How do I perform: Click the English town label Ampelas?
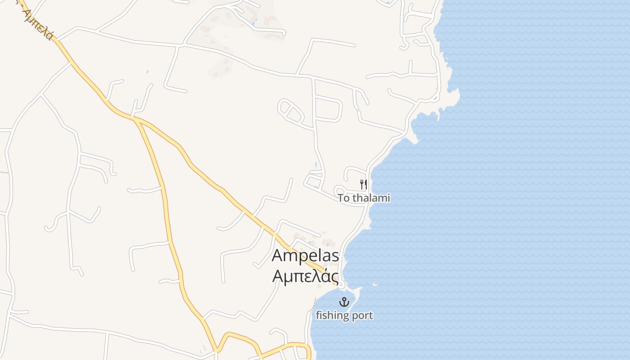click(305, 256)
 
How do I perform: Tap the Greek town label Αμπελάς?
click(305, 275)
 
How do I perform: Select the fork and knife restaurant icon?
click(364, 184)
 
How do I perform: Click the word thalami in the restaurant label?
click(371, 198)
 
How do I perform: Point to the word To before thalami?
click(344, 198)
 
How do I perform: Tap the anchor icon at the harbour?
click(344, 302)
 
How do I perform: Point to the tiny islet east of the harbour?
click(375, 284)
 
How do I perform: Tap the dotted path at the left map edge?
click(4, 172)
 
